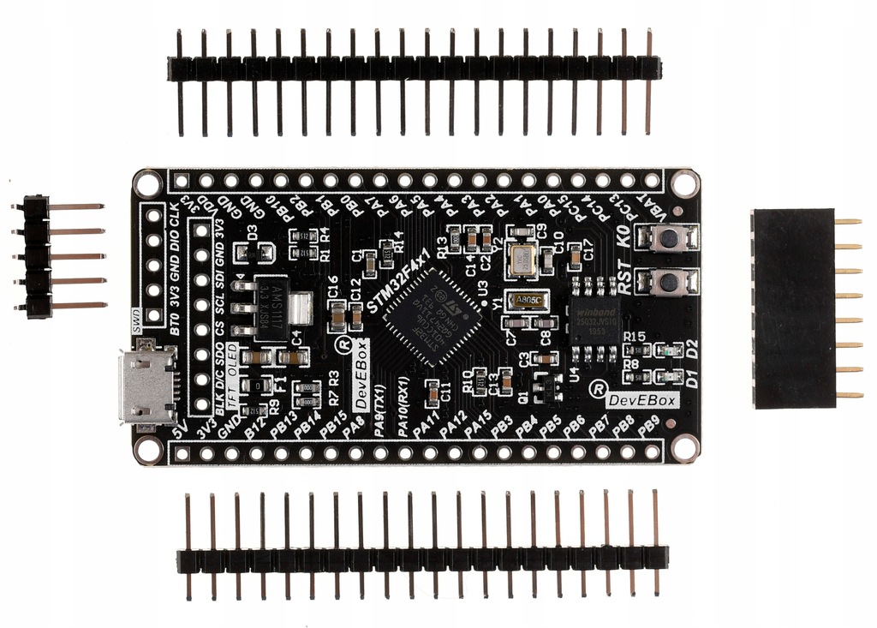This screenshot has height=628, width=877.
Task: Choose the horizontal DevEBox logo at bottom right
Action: click(641, 400)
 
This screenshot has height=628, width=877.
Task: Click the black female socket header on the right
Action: click(792, 308)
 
